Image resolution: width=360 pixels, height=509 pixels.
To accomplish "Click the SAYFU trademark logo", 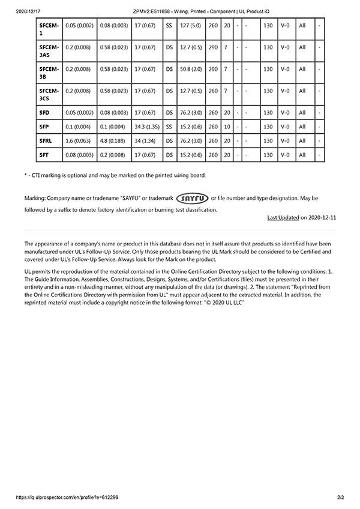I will pos(192,198).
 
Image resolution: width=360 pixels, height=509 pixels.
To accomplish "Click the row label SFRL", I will pos(46,141).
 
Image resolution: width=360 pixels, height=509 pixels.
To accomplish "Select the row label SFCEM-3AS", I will pos(49,50).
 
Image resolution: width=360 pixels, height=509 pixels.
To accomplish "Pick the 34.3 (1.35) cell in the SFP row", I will pos(147,127).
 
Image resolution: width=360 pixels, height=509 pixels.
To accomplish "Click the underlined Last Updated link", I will pos(283,217).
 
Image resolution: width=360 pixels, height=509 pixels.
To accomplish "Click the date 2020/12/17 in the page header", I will pos(26,11).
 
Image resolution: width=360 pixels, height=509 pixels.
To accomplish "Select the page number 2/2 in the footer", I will pos(341,498).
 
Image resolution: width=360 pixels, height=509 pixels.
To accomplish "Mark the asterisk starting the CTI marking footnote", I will pos(25,175).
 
